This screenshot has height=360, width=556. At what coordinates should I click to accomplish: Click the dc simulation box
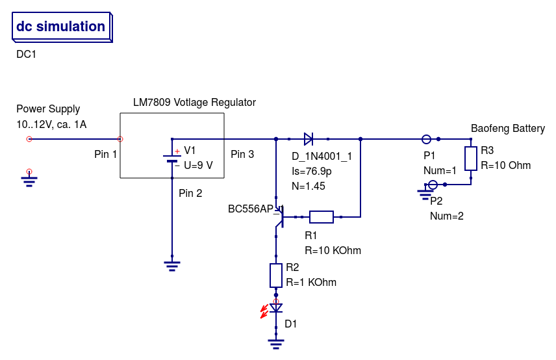pos(61,27)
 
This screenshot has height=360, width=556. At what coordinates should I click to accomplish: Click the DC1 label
pos(26,55)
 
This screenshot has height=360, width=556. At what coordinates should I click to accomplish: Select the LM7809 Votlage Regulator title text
pos(194,103)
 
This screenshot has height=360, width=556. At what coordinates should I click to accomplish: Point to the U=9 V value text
pos(198,165)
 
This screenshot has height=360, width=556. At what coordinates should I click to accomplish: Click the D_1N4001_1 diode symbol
pos(309,138)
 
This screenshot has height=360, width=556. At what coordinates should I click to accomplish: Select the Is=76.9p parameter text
pos(312,172)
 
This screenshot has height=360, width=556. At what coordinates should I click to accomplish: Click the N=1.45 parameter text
pos(309,186)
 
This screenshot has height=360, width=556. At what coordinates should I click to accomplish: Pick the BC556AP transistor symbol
pos(279,216)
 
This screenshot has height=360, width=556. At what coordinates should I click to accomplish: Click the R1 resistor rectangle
pos(321,216)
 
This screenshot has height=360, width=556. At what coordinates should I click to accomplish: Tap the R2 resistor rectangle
pos(276,275)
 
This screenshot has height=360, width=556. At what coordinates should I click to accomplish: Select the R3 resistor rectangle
pos(471,158)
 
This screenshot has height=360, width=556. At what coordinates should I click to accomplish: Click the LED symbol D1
pos(276,308)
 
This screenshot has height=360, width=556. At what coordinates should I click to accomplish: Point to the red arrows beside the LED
pos(264,311)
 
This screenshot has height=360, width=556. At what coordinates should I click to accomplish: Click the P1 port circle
pos(426,138)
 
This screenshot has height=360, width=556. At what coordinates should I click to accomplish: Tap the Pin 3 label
pos(242,155)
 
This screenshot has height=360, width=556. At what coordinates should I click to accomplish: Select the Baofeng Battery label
pos(507,129)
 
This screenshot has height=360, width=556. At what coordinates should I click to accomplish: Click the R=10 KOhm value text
pos(333,250)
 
